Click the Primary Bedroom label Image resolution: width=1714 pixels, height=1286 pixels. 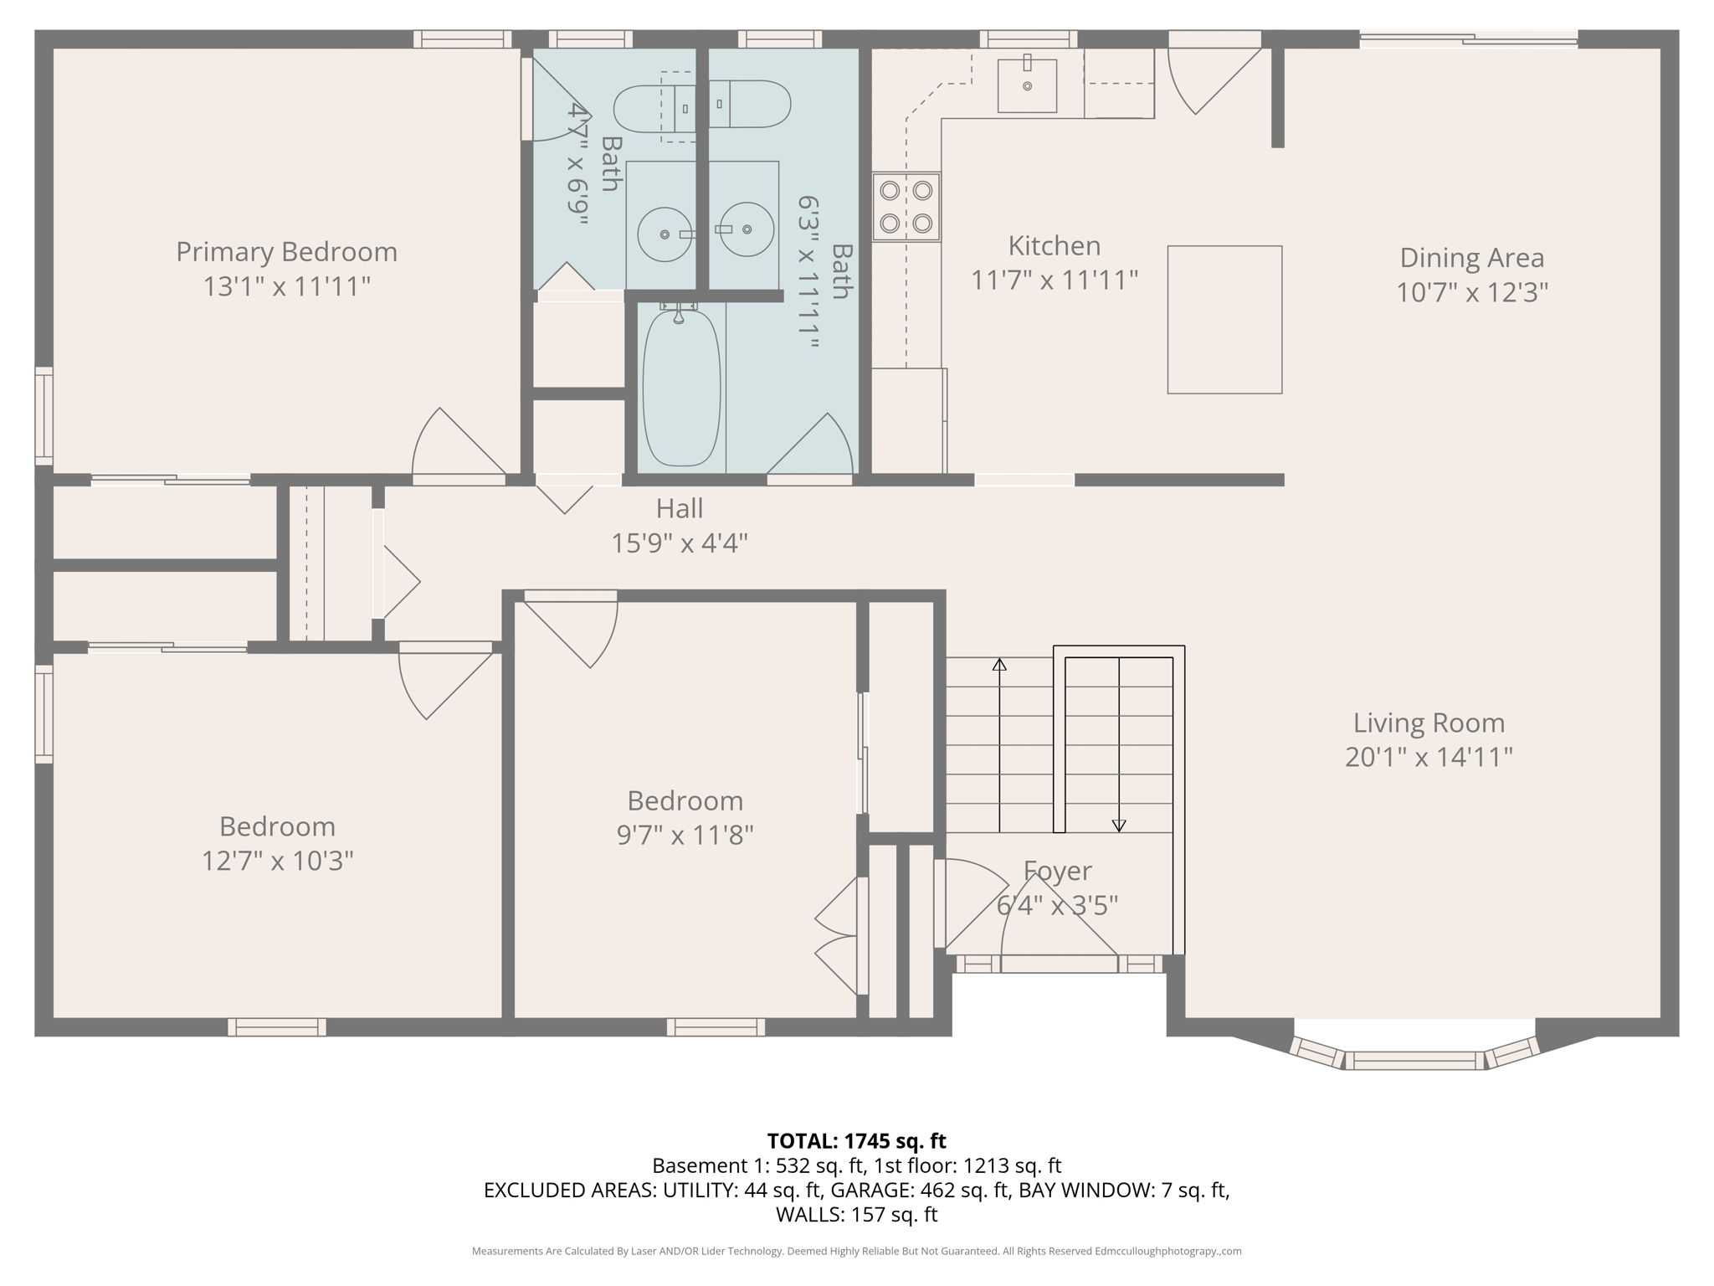coord(286,252)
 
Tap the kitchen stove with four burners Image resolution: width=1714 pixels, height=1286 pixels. coord(906,207)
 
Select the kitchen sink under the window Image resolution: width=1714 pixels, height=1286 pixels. coord(1027,85)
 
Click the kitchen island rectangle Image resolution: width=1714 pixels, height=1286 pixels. coord(1224,319)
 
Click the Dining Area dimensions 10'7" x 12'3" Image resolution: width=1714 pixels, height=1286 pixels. coord(1471,292)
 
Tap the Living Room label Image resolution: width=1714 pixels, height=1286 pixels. coord(1429,723)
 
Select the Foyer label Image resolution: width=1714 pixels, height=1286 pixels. coord(1057,871)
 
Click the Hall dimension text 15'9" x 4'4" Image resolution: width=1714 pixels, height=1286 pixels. coord(679,543)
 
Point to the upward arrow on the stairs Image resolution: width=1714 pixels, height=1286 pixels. coord(999,666)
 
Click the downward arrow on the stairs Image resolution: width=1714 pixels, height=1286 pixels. coord(1119,824)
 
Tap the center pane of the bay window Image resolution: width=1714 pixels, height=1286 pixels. coord(1414,1060)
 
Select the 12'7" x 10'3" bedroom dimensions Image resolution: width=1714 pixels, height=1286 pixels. coord(277,861)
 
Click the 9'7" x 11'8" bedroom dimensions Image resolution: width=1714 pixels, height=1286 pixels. coord(685,835)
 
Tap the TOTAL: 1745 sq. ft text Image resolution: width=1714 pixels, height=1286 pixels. coord(856,1140)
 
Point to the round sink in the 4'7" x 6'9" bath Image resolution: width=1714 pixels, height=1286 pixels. coord(665,234)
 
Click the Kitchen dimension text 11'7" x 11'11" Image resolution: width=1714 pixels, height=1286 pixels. coord(1054,280)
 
